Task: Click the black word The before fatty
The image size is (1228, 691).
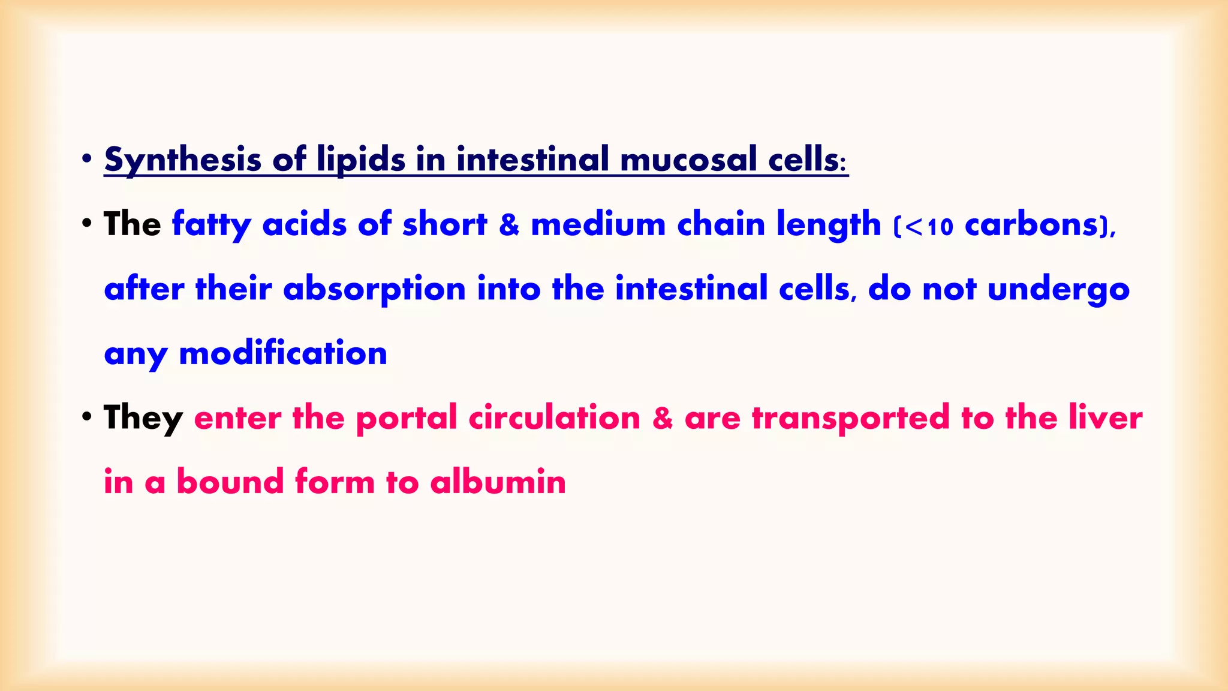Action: click(x=132, y=224)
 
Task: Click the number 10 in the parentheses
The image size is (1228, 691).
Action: click(x=940, y=227)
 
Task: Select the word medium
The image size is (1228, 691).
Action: click(x=598, y=224)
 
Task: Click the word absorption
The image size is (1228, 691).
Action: click(x=374, y=289)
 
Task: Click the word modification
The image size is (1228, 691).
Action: click(x=283, y=353)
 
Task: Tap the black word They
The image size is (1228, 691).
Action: click(x=143, y=418)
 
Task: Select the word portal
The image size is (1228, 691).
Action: click(x=406, y=418)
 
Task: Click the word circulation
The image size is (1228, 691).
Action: click(x=554, y=418)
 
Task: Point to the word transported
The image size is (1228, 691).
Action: click(x=851, y=418)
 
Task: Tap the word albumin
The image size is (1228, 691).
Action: click(x=498, y=482)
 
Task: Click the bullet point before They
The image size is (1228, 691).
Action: click(x=87, y=416)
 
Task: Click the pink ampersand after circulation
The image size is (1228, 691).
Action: click(x=662, y=418)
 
